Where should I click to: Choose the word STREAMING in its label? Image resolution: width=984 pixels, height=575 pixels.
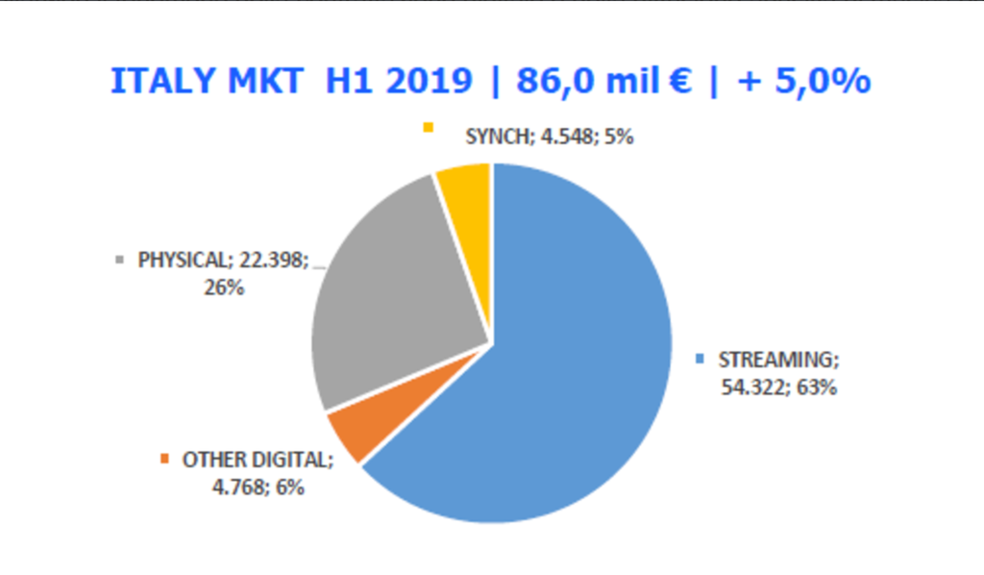coord(779,361)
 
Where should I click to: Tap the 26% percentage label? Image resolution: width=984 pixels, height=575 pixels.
coord(223,287)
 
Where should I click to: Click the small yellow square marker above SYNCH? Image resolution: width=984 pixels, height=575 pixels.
coord(428,126)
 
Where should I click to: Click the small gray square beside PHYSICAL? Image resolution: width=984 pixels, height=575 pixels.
coord(120,260)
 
